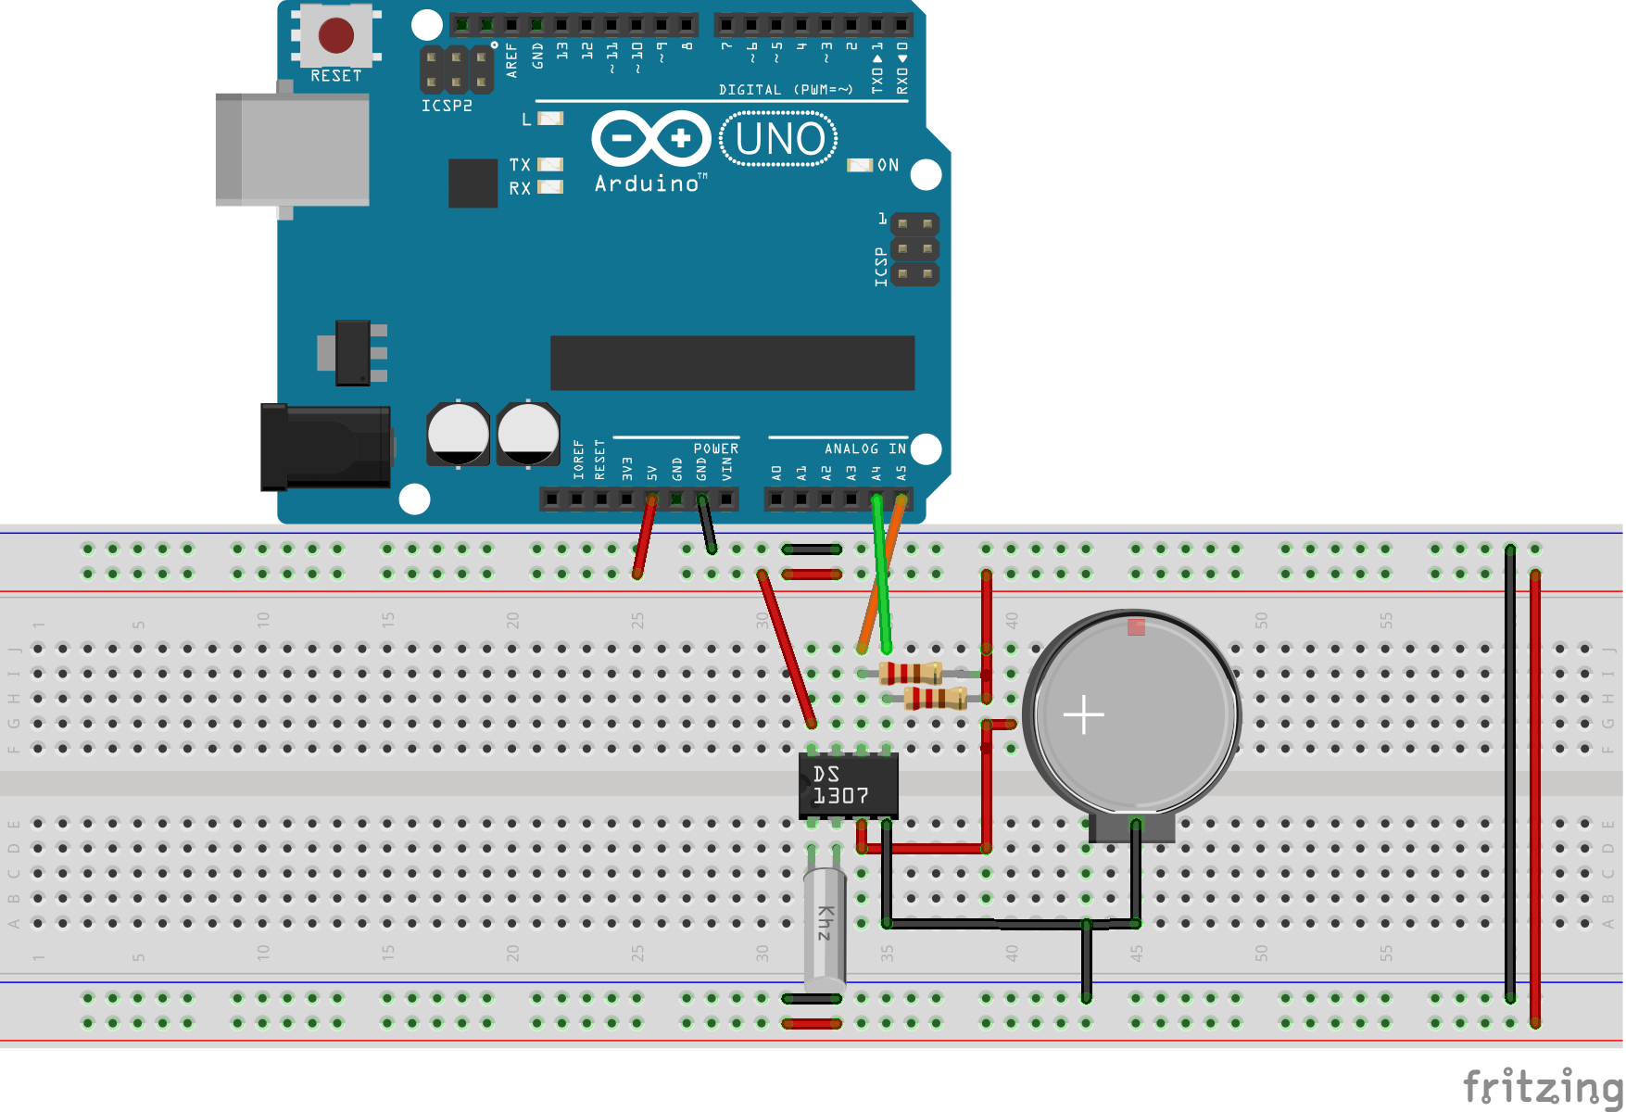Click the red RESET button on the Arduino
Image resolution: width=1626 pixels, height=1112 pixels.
[335, 36]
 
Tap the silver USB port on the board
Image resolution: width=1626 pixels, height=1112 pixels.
[293, 149]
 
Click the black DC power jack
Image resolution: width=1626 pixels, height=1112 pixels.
[325, 447]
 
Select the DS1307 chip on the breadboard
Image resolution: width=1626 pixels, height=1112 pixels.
[847, 786]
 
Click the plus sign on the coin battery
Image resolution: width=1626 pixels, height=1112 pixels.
[1083, 714]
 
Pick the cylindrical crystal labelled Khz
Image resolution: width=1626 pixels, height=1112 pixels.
[824, 927]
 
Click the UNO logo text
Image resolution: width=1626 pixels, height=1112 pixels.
[779, 139]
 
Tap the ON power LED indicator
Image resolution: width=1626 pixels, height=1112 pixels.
[860, 165]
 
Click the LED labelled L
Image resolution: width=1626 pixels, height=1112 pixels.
[550, 119]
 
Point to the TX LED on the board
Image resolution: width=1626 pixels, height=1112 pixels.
[550, 164]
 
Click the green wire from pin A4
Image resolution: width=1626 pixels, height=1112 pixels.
[880, 575]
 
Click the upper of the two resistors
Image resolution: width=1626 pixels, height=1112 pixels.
[910, 673]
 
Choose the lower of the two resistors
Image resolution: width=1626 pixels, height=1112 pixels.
[936, 698]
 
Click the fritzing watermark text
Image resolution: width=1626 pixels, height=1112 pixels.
[1543, 1086]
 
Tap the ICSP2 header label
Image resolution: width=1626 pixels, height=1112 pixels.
[447, 106]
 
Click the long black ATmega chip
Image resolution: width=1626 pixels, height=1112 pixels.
[732, 362]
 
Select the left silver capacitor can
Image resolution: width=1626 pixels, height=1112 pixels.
[458, 434]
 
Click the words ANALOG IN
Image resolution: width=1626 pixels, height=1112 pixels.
[864, 449]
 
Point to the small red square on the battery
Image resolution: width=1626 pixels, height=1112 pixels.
[1136, 627]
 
